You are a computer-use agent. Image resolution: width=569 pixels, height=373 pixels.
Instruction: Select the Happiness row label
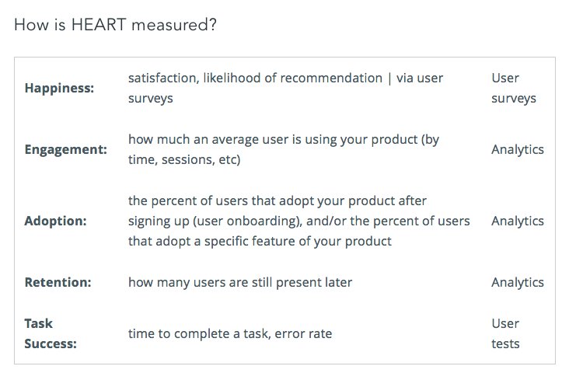click(x=59, y=89)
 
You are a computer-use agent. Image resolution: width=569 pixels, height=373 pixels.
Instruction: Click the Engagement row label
click(x=66, y=149)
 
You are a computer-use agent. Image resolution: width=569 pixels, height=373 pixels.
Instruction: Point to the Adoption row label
click(x=56, y=221)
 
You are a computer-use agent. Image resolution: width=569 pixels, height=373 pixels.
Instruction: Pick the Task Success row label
click(x=51, y=333)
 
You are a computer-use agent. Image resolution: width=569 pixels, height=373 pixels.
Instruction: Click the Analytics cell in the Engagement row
click(x=518, y=149)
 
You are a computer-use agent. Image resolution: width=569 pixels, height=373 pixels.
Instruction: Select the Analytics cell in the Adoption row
click(x=518, y=221)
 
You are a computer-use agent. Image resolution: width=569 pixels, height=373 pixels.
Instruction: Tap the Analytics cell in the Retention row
click(x=518, y=282)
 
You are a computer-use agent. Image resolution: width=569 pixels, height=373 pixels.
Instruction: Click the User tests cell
click(x=505, y=333)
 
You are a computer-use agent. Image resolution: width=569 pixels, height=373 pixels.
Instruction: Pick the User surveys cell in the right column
click(x=513, y=89)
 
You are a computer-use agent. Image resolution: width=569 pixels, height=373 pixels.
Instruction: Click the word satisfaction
click(x=161, y=78)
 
